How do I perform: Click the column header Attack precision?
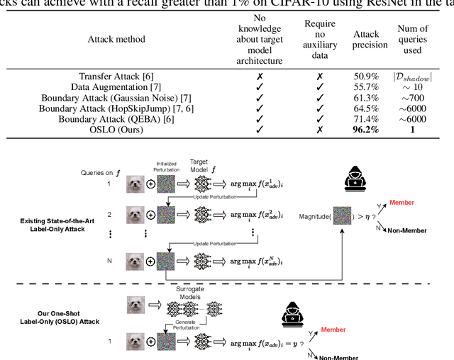(x=370, y=40)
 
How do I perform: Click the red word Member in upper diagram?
(x=402, y=203)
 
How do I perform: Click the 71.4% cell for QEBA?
(x=370, y=120)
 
